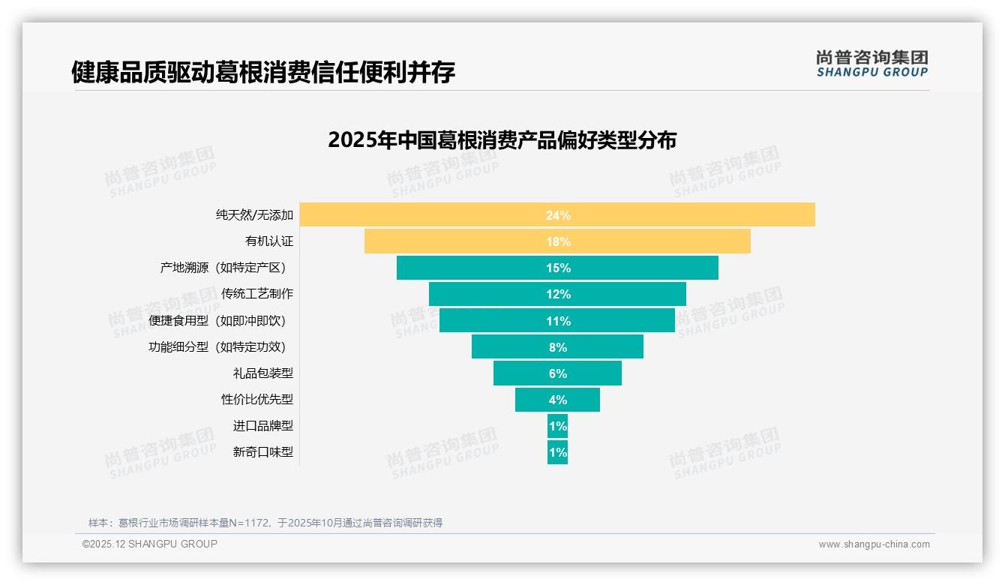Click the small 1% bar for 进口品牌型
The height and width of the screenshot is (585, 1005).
point(557,426)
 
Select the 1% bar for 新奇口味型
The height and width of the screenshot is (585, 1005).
point(557,452)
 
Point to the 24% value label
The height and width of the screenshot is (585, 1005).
point(558,215)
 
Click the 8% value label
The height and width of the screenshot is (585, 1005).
point(558,347)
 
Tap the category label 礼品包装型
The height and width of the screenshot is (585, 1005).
point(262,373)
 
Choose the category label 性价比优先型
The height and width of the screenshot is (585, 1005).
point(256,399)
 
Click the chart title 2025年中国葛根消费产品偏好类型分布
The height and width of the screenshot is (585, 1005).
point(502,140)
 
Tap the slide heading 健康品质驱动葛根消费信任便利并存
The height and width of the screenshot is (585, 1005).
point(262,73)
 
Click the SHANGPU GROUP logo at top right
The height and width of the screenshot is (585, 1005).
point(871,64)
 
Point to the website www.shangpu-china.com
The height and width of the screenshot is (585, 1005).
point(874,544)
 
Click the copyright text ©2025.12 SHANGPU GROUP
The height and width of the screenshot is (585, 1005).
point(150,544)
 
